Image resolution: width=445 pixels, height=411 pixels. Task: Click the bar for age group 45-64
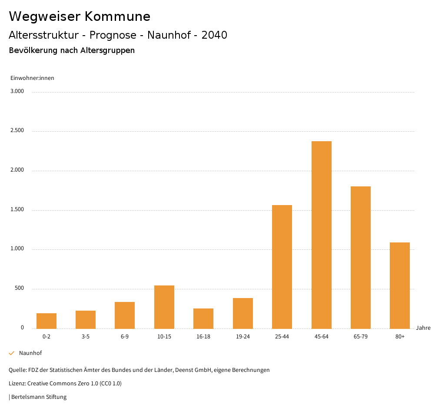click(321, 235)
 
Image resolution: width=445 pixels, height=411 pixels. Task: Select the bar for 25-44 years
click(282, 266)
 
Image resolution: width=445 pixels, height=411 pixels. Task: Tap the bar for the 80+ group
click(399, 285)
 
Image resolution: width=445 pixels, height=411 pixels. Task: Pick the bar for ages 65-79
click(360, 257)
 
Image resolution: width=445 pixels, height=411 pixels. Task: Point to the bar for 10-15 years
click(164, 307)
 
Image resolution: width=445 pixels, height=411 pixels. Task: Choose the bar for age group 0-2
click(46, 321)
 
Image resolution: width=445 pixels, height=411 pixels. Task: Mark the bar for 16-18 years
click(203, 318)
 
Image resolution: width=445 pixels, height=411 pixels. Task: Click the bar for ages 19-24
click(242, 313)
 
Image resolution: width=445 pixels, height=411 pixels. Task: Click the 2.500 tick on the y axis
click(18, 131)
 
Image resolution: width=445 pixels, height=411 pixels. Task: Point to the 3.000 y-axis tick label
click(18, 91)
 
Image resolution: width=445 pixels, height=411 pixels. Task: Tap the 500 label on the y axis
click(19, 288)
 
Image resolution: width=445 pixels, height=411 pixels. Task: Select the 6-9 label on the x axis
click(125, 337)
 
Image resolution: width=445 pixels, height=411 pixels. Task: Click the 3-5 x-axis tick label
click(86, 337)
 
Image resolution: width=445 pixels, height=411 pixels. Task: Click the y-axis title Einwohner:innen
click(32, 78)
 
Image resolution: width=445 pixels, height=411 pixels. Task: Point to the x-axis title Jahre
click(423, 328)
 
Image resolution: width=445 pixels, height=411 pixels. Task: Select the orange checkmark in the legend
click(12, 353)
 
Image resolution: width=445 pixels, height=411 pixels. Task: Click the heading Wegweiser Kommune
click(80, 17)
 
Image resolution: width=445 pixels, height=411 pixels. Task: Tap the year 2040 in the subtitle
click(214, 35)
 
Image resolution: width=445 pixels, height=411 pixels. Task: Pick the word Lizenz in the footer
click(17, 384)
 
